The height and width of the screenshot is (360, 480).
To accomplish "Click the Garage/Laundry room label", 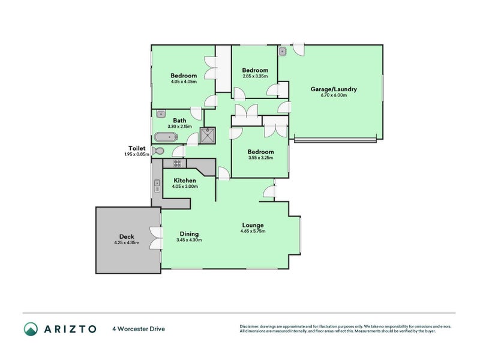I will point(334,89).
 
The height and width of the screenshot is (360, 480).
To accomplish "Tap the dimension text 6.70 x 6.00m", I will point(334,95).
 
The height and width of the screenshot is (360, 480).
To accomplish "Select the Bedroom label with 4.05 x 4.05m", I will point(184,76).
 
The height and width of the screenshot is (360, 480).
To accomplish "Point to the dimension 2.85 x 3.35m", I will point(255,76).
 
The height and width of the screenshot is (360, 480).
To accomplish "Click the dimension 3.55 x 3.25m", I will point(260,158).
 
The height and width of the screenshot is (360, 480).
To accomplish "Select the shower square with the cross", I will point(209,136).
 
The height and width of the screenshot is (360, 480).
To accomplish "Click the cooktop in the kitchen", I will point(178,163).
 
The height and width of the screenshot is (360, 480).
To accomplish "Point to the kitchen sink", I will point(157,186).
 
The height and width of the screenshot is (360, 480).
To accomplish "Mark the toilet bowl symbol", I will point(158,151).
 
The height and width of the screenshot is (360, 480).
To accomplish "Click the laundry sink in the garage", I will point(283,52).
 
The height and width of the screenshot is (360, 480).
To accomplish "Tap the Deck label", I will point(126,236).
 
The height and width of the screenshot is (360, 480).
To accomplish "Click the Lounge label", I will point(252,225).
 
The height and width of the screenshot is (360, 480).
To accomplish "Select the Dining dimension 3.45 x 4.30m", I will point(188,240).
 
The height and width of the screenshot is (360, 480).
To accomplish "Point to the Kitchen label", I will point(185,180).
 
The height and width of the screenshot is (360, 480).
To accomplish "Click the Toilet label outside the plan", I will point(136,148).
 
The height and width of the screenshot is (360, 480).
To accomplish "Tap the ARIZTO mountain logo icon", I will point(31,328).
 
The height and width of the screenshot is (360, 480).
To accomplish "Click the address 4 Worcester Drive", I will point(139,329).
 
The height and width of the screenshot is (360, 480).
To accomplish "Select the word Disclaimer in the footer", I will point(252,326).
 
